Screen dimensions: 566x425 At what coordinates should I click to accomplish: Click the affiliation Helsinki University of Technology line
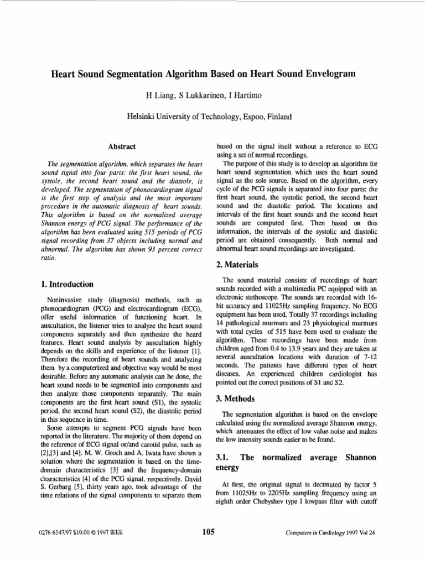coord(209,117)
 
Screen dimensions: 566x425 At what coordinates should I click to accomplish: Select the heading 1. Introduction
coord(67,284)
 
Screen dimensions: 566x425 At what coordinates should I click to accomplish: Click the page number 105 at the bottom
coord(209,532)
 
